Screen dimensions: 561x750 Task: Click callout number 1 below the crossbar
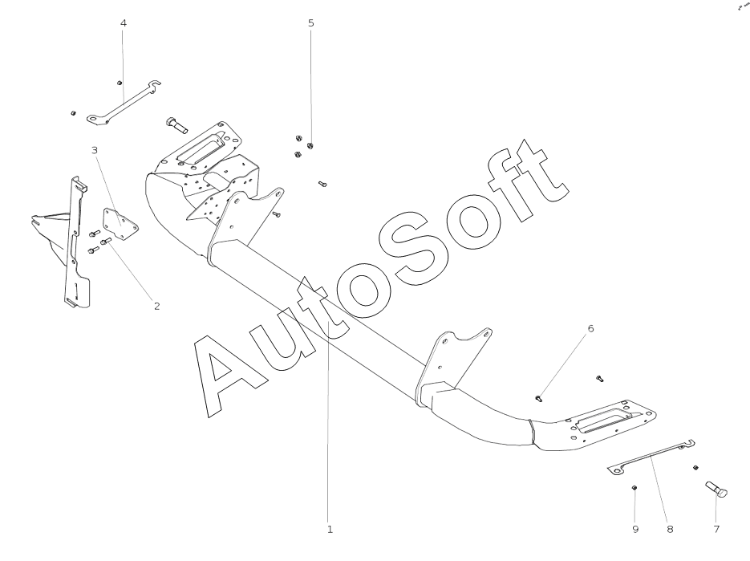[x=329, y=529]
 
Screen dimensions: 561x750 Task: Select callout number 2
[x=156, y=306]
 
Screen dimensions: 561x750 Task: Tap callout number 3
[x=94, y=150]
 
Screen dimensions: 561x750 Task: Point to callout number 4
[x=123, y=23]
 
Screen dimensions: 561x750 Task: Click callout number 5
[x=311, y=23]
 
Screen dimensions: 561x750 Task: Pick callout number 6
[x=590, y=328]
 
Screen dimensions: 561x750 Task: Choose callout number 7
[x=716, y=529]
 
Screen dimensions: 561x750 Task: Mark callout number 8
[x=670, y=529]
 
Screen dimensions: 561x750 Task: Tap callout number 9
[x=635, y=529]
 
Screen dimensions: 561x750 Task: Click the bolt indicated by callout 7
[x=716, y=489]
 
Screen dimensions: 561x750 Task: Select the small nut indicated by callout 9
[x=634, y=487]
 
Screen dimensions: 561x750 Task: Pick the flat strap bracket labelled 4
[x=124, y=102]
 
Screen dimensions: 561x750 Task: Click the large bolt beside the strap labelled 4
[x=176, y=124]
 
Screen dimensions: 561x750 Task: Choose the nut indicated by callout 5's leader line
[x=310, y=145]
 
